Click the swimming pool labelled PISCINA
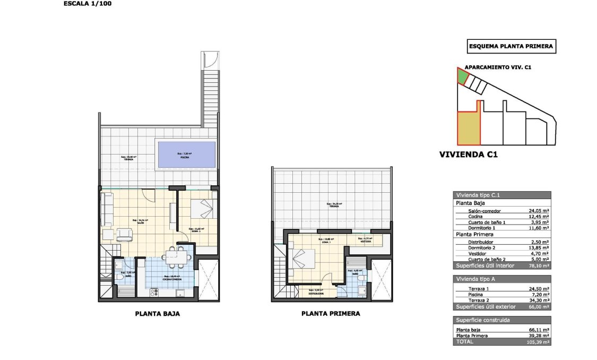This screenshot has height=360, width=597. tap(185, 155)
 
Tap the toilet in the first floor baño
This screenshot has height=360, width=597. tap(361, 277)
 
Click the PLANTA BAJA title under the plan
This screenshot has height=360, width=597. tap(158, 314)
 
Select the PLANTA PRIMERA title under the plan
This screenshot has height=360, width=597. tap(331, 314)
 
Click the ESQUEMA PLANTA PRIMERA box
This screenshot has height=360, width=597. tap(511, 47)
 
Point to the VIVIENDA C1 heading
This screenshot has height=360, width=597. tap(468, 155)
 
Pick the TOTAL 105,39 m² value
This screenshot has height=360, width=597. tap(538, 342)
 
